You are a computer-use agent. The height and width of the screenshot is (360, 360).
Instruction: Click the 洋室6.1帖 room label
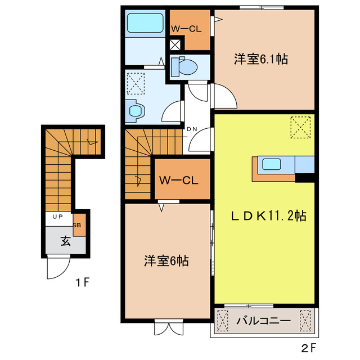tap(260, 59)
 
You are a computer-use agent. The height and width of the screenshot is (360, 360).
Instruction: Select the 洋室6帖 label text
tap(166, 260)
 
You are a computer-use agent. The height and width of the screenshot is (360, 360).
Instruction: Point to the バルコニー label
tap(263, 322)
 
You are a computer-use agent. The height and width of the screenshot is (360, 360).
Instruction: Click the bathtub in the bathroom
tap(145, 24)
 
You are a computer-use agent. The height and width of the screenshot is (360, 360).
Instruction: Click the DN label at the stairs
tap(192, 129)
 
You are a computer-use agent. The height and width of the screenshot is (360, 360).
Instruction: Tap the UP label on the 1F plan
tap(57, 217)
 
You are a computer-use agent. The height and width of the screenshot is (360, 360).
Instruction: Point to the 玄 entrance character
tap(65, 242)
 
